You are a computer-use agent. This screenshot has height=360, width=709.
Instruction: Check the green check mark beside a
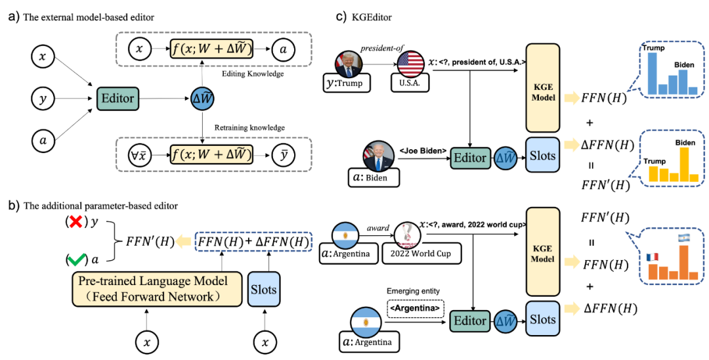pyautogui.click(x=75, y=260)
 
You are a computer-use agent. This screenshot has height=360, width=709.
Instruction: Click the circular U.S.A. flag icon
pyautogui.click(x=409, y=64)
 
